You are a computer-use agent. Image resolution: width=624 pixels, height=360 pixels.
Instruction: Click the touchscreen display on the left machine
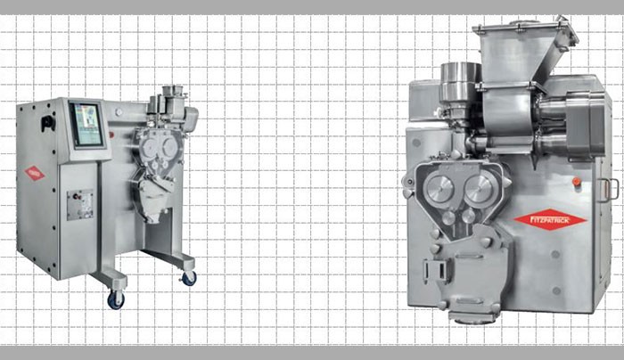point(86,124)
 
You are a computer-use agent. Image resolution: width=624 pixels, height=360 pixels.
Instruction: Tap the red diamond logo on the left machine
point(35,173)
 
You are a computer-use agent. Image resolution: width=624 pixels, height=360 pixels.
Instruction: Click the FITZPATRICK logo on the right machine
point(550,218)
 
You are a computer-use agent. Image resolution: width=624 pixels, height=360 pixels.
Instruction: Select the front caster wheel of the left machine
point(116,300)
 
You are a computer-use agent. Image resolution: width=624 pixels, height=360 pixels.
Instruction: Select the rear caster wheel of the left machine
point(189,278)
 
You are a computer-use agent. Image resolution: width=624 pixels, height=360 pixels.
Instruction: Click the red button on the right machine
point(576,181)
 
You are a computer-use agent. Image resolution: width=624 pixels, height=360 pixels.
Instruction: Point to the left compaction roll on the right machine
point(439,188)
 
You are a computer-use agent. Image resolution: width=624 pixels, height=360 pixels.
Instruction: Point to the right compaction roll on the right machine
point(480,188)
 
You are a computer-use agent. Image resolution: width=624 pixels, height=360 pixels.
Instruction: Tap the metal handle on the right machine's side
point(608,190)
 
